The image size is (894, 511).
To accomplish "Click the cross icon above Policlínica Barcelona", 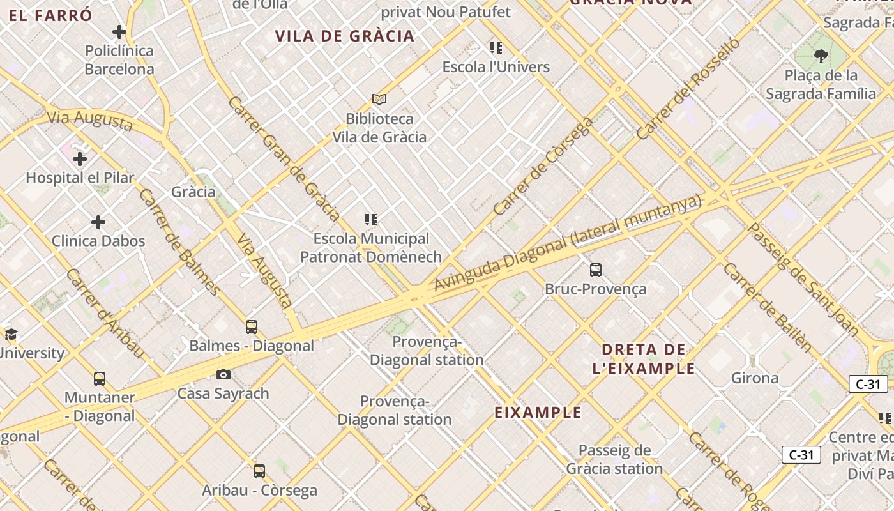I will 119,32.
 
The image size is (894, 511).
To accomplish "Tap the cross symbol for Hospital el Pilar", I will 80,158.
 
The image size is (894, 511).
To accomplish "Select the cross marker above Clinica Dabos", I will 98,222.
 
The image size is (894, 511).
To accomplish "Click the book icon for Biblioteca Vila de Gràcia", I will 379,100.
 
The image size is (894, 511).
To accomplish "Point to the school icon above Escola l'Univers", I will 496,48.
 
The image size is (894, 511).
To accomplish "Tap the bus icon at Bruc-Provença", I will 596,270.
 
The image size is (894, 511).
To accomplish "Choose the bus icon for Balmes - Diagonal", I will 252,327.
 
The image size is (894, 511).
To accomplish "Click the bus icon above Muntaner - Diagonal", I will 100,379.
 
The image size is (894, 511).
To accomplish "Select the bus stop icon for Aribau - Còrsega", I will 259,471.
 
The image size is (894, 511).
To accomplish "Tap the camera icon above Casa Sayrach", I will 223,375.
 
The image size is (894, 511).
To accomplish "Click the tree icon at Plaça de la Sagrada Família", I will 821,57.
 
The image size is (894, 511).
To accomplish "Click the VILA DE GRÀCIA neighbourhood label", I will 345,36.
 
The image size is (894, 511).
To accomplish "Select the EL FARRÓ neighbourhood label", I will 51,16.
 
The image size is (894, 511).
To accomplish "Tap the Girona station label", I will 755,378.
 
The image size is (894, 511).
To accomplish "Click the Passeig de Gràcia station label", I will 614,459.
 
